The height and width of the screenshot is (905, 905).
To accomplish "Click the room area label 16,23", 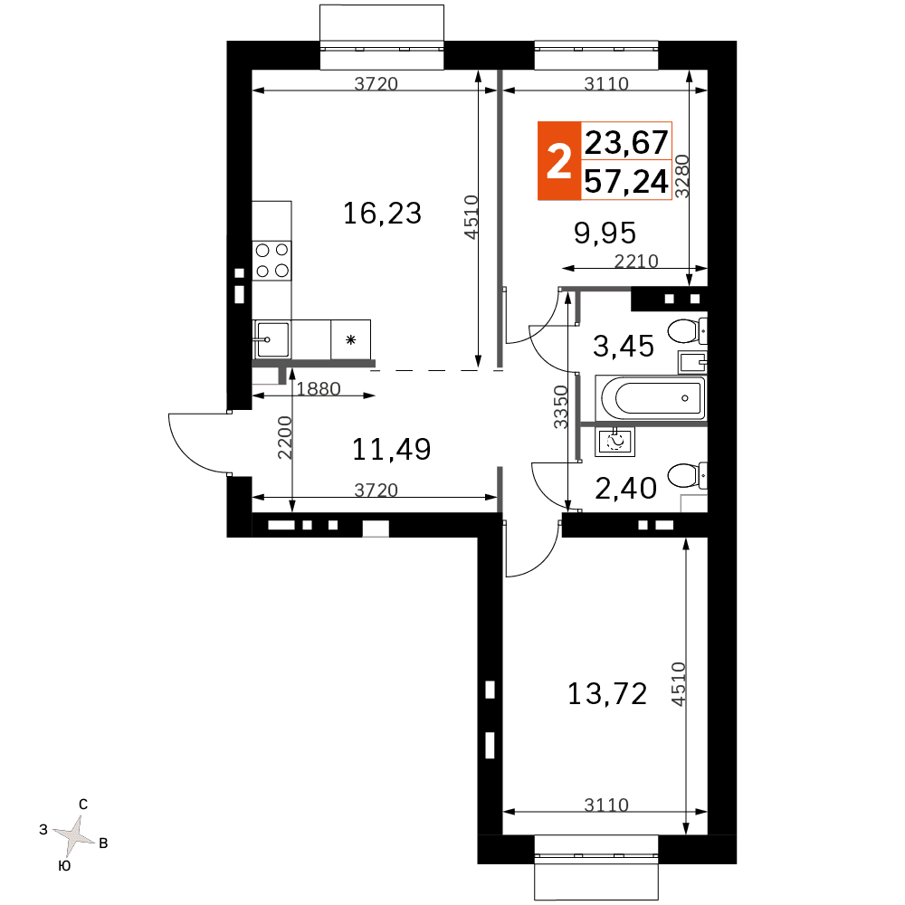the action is (382, 214).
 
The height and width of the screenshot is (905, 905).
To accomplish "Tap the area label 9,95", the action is (605, 233).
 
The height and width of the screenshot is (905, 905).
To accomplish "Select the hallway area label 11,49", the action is (391, 450).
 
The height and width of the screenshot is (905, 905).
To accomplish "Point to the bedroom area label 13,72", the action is (607, 694).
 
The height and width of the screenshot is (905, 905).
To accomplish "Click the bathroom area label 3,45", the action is (624, 347).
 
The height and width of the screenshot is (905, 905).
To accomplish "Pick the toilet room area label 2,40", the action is (625, 489).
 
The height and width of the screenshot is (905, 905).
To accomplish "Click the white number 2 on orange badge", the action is (558, 161).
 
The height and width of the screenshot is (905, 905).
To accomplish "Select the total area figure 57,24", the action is (626, 181).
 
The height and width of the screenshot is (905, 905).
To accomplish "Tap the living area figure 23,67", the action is (626, 142).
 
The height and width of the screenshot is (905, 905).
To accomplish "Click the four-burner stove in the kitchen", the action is (271, 261).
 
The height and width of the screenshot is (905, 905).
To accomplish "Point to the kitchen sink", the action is (271, 339).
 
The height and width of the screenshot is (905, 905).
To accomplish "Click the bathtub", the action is (651, 397).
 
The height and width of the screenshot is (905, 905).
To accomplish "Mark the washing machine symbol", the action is (615, 443).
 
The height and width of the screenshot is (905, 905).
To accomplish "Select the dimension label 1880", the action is (319, 389).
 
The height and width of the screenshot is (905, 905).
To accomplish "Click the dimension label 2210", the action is (636, 262).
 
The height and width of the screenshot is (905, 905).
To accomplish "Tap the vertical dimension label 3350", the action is (561, 407).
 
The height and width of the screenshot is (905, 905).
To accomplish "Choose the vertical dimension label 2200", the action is (285, 437).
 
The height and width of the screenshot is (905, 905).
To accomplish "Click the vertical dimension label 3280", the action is (682, 176).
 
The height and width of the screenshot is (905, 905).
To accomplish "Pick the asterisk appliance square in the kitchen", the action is (350, 339).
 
